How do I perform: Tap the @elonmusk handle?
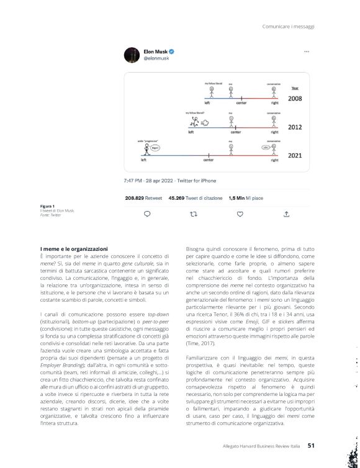pos(156,58)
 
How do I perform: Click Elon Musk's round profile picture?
pos(132,55)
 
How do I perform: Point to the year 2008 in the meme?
pos(295,98)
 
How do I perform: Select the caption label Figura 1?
pos(47,205)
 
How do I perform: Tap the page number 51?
pos(312,444)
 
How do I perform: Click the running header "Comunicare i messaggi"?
pos(288,26)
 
